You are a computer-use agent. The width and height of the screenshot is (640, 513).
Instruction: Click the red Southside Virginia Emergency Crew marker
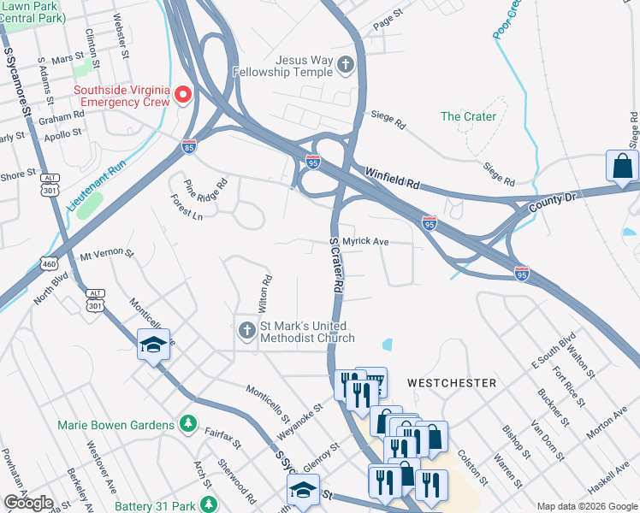(183, 93)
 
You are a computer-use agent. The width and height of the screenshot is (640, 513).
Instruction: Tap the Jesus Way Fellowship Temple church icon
(345, 65)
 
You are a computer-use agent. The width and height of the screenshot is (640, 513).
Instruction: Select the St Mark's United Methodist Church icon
(246, 331)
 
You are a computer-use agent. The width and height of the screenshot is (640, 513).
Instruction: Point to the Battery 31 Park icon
(206, 504)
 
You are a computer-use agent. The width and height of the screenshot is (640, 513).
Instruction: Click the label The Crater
(468, 116)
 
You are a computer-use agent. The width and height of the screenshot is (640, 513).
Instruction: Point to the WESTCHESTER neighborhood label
(452, 382)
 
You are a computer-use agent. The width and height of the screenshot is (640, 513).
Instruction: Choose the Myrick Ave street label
(365, 242)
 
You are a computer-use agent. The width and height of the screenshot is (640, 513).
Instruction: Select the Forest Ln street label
(186, 211)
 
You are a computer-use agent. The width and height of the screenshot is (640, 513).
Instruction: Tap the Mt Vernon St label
(107, 254)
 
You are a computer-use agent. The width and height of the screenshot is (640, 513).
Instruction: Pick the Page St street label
(388, 20)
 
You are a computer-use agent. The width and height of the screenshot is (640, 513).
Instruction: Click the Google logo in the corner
(28, 503)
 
